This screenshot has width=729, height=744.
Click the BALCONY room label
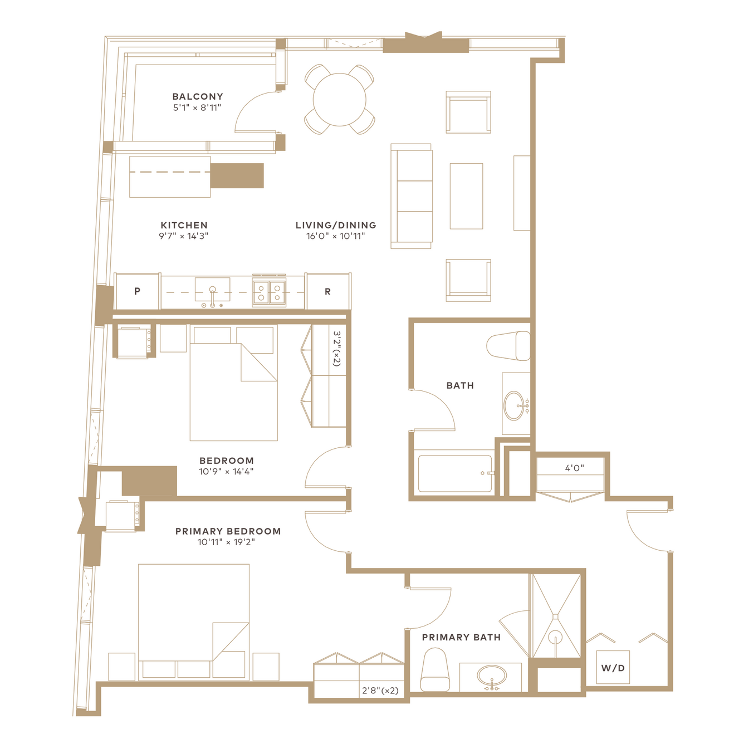tap(197, 96)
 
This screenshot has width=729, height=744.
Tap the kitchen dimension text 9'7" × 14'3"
tap(184, 236)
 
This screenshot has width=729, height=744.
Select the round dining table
tap(339, 100)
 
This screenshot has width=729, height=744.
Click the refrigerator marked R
tap(328, 291)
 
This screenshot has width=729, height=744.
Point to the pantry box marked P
tap(138, 291)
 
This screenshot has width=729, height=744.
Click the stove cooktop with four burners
tap(269, 292)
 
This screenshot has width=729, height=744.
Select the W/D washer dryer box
tap(613, 668)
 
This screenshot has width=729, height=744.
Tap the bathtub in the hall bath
tap(455, 474)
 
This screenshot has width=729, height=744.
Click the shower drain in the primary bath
tap(555, 635)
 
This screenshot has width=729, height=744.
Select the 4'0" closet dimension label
tap(575, 468)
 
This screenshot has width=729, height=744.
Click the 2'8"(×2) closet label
tap(380, 691)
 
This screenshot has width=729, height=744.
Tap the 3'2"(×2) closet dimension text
tap(337, 348)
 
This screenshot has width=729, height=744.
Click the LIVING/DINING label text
tap(336, 225)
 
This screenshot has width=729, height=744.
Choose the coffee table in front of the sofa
tap(466, 196)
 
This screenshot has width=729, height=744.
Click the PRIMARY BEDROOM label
tap(228, 531)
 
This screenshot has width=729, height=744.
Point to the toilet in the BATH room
tap(508, 346)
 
